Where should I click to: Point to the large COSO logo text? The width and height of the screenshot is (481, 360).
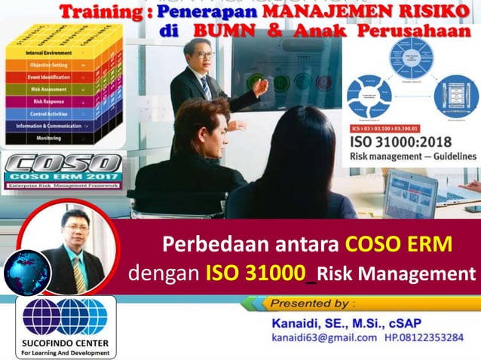pyautogui.click(x=63, y=165)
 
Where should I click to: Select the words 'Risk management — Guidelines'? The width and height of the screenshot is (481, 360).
pyautogui.click(x=412, y=157)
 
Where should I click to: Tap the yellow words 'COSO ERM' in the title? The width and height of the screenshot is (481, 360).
pyautogui.click(x=399, y=244)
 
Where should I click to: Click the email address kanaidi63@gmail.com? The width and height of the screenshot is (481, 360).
pyautogui.click(x=324, y=337)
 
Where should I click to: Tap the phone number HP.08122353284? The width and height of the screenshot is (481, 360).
pyautogui.click(x=426, y=337)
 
